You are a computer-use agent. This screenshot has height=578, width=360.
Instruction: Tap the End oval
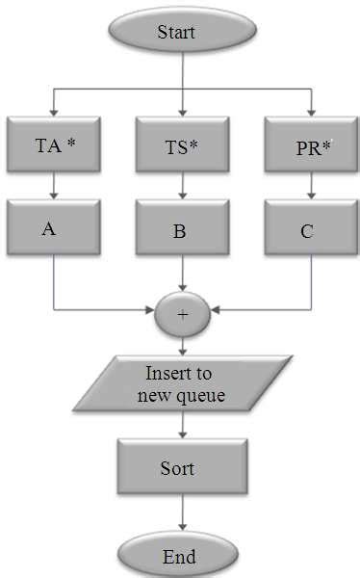pos(179,556)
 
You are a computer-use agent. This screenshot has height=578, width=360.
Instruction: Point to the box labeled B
pos(182,230)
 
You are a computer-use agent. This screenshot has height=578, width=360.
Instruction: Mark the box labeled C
pos(311,229)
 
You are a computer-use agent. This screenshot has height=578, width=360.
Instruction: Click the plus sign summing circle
pos(182,312)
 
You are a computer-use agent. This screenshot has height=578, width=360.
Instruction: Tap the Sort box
pos(178,468)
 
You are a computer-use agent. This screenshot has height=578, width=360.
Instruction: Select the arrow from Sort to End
pos(179,516)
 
